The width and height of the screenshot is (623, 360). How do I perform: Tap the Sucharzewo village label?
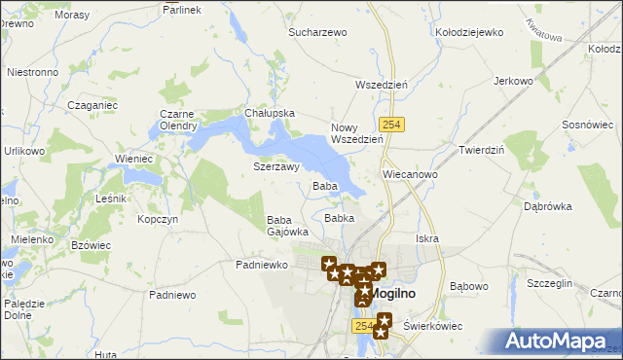click(x=317, y=32)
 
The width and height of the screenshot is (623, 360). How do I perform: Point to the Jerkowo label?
click(x=515, y=81)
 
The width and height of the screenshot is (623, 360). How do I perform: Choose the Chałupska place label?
click(x=270, y=113)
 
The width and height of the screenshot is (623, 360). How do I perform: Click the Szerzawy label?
click(x=275, y=166)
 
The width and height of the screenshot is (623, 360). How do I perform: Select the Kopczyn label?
click(x=158, y=220)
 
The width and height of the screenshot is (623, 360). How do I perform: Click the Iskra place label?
click(x=426, y=238)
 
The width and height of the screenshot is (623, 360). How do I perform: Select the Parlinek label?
click(x=182, y=9)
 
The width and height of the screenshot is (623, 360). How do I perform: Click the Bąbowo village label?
click(x=469, y=286)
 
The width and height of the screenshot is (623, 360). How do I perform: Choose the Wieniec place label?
click(x=134, y=159)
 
